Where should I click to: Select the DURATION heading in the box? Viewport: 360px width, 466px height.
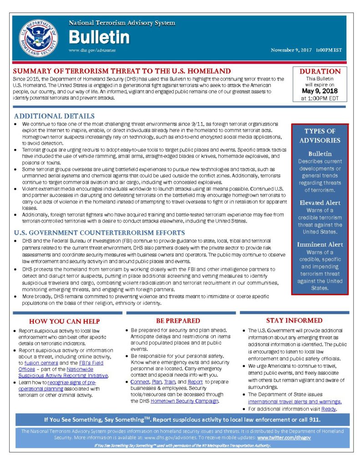(x=320, y=71)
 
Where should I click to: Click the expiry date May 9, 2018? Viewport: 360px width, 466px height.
(x=320, y=91)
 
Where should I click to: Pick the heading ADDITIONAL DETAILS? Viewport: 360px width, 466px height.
(x=54, y=116)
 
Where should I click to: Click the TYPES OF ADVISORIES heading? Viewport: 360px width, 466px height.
(x=320, y=136)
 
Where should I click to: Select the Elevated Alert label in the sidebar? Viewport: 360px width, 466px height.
(x=320, y=203)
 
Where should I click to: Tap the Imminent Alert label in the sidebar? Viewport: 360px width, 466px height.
(x=320, y=244)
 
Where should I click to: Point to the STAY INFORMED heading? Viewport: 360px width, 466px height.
(x=294, y=320)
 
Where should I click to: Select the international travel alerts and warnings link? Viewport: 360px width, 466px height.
(x=294, y=402)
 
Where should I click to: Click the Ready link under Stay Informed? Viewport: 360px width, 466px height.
(x=329, y=409)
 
